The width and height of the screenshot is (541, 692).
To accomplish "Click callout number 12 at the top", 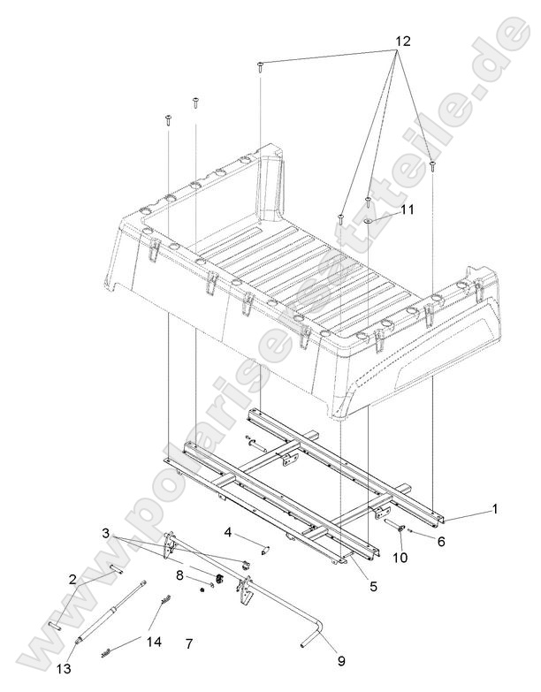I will click(401, 42).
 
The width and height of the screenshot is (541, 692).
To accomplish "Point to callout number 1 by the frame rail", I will click(494, 509).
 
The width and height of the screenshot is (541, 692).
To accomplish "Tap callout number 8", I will click(179, 574).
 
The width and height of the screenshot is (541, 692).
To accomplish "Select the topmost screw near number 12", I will click(261, 66).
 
